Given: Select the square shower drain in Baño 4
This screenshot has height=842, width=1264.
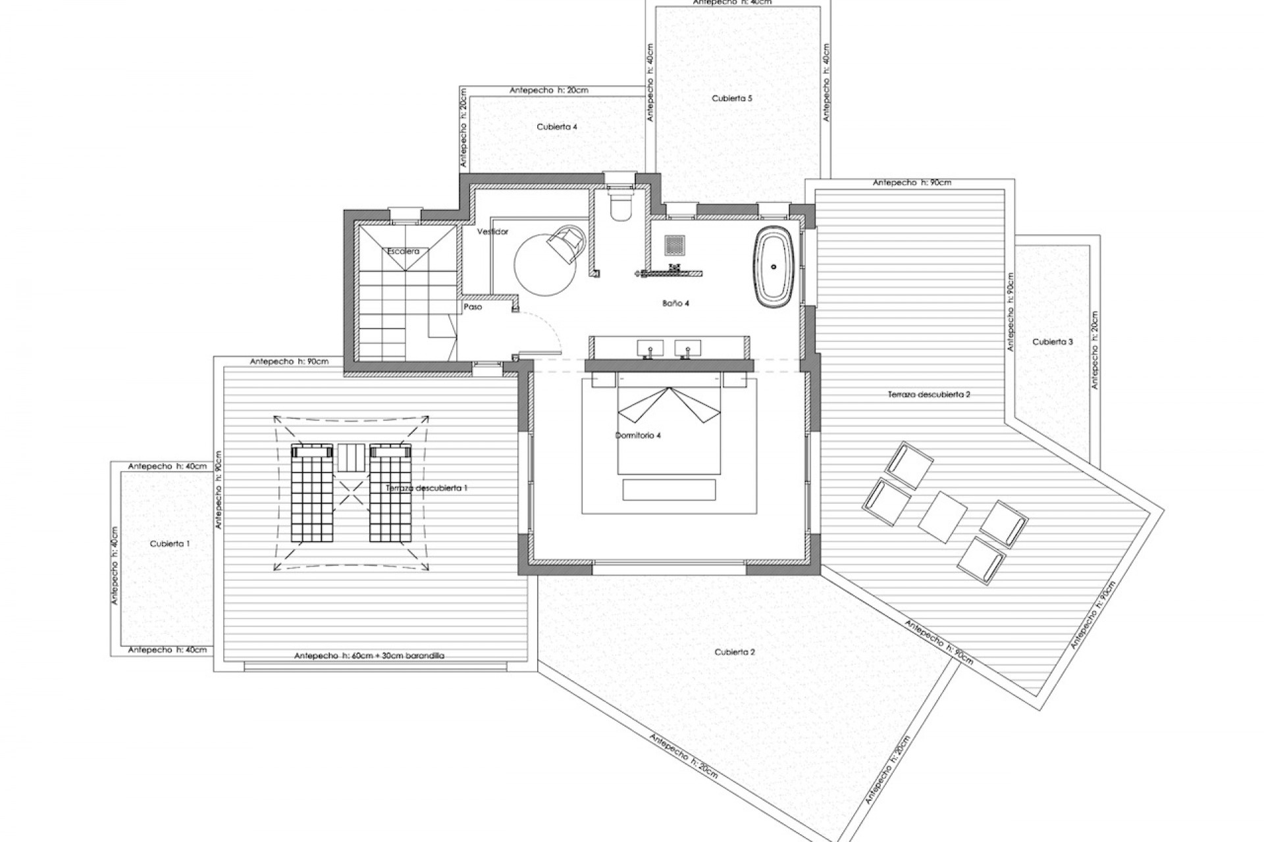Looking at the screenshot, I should (675, 245).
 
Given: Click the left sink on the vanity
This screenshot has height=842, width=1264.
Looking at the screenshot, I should (649, 348).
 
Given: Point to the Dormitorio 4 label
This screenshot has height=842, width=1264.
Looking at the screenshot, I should (638, 435).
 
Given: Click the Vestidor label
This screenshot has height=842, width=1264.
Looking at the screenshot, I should (492, 232).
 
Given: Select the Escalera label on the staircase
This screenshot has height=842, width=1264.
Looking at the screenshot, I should (403, 251).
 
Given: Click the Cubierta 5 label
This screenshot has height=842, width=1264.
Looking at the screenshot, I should (731, 99).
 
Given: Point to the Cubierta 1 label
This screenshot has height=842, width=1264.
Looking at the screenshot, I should (170, 544).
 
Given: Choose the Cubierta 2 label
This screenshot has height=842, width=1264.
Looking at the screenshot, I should (734, 652).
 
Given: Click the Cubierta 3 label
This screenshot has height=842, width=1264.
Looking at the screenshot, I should (1052, 342).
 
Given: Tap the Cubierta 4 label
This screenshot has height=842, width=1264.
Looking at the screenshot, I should (557, 127).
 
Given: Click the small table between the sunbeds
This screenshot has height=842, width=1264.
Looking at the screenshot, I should (351, 457).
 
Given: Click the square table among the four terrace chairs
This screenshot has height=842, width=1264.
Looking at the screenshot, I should (943, 517).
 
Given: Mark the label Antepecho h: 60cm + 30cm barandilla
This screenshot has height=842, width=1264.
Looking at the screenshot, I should (369, 656).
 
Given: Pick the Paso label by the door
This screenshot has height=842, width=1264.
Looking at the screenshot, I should (473, 307).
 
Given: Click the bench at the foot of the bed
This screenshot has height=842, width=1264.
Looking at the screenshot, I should (668, 489).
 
